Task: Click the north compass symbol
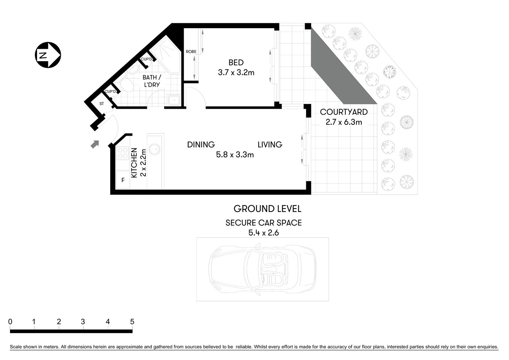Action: click(x=48, y=55)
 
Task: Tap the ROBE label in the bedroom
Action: click(x=191, y=52)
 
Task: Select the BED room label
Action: click(x=236, y=63)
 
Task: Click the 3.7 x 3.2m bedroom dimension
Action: click(x=236, y=73)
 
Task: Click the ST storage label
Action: click(x=102, y=104)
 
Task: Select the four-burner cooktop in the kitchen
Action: click(x=123, y=153)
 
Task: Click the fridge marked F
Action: click(x=123, y=180)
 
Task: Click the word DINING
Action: click(x=201, y=144)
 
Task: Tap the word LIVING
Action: click(x=270, y=144)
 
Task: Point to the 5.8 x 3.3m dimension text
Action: click(x=235, y=154)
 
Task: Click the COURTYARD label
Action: click(x=344, y=112)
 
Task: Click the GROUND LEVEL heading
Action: click(x=267, y=209)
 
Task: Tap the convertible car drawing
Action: click(x=262, y=269)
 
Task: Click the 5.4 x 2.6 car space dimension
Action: click(x=263, y=232)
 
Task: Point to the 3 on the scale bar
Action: click(x=83, y=322)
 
